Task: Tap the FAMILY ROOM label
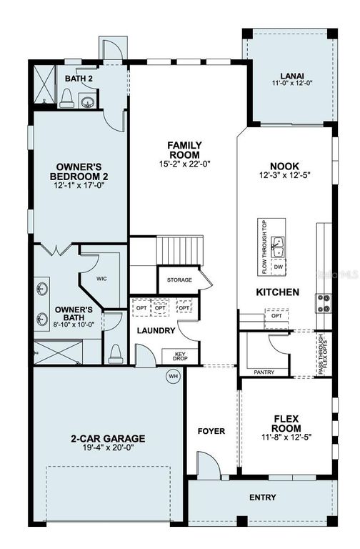coord(184,149)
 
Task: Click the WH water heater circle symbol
coord(171,377)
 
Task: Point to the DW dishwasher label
coord(279,267)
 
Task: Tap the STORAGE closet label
coord(179,280)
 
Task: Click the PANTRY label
coord(264,372)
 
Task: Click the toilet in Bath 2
coord(66,99)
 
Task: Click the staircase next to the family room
coord(179,251)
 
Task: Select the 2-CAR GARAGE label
coord(109,439)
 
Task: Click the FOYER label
coord(212,431)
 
